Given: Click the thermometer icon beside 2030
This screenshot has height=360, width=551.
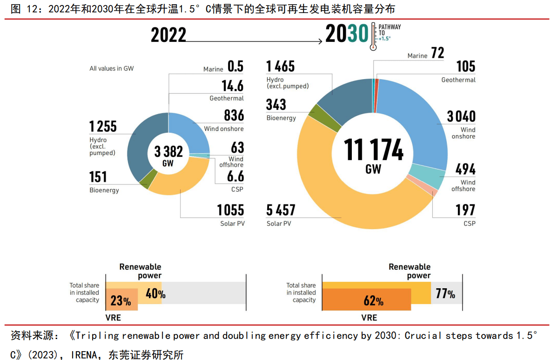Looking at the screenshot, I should click(373, 35).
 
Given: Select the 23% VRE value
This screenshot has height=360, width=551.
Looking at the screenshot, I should click(121, 301).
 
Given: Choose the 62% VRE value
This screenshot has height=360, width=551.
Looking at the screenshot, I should click(373, 301).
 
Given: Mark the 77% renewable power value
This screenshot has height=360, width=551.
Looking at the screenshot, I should click(445, 294).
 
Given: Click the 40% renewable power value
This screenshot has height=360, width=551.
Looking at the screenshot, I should click(155, 294).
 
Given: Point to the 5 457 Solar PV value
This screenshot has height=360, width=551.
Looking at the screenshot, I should click(281, 210).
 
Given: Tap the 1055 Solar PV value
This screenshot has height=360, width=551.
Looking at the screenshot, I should click(230, 210).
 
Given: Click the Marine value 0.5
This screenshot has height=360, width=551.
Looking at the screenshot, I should click(235, 66).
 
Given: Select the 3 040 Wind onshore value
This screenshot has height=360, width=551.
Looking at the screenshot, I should click(461, 116).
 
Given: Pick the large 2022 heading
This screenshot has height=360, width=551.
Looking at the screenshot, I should click(168, 35).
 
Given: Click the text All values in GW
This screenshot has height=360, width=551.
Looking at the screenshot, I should click(112, 68).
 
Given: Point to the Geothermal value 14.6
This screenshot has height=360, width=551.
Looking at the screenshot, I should click(232, 86).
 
